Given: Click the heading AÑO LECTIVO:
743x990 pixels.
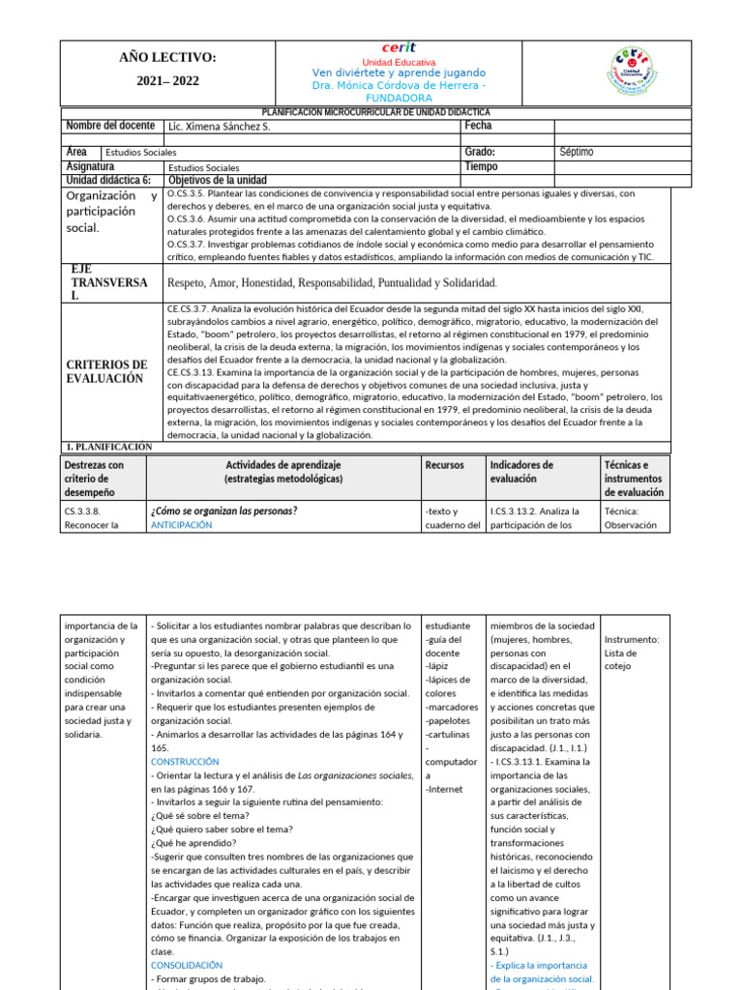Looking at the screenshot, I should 168,59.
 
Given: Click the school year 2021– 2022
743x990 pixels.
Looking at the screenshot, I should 168,81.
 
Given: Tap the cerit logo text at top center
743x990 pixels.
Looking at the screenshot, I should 399,47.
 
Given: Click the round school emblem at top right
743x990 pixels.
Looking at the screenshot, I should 638,73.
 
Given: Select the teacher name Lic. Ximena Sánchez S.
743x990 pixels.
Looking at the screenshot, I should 220,127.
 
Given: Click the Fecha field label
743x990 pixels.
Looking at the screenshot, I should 478,126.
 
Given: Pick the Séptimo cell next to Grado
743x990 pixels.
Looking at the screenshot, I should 577,153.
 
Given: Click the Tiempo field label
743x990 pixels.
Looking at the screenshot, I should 481,166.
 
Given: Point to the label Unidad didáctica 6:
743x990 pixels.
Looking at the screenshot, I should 108,180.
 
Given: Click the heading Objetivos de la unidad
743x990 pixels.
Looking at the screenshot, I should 218,180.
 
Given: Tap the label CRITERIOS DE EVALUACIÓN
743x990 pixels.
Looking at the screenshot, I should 106,371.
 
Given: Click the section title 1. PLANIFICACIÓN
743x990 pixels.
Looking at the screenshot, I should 108,447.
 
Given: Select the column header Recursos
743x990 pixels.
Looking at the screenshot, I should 444,465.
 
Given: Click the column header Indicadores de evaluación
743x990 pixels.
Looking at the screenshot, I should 521,472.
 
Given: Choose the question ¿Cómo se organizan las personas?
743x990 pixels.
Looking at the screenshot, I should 223,510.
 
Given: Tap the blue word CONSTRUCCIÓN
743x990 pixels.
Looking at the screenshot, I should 187,762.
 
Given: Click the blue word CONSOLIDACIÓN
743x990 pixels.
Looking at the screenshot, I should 187,965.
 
